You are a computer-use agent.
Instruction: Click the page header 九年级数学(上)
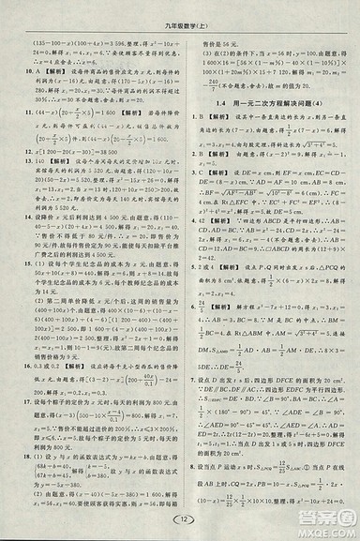tap(180, 14)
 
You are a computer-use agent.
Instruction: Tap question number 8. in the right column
tap(191, 461)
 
